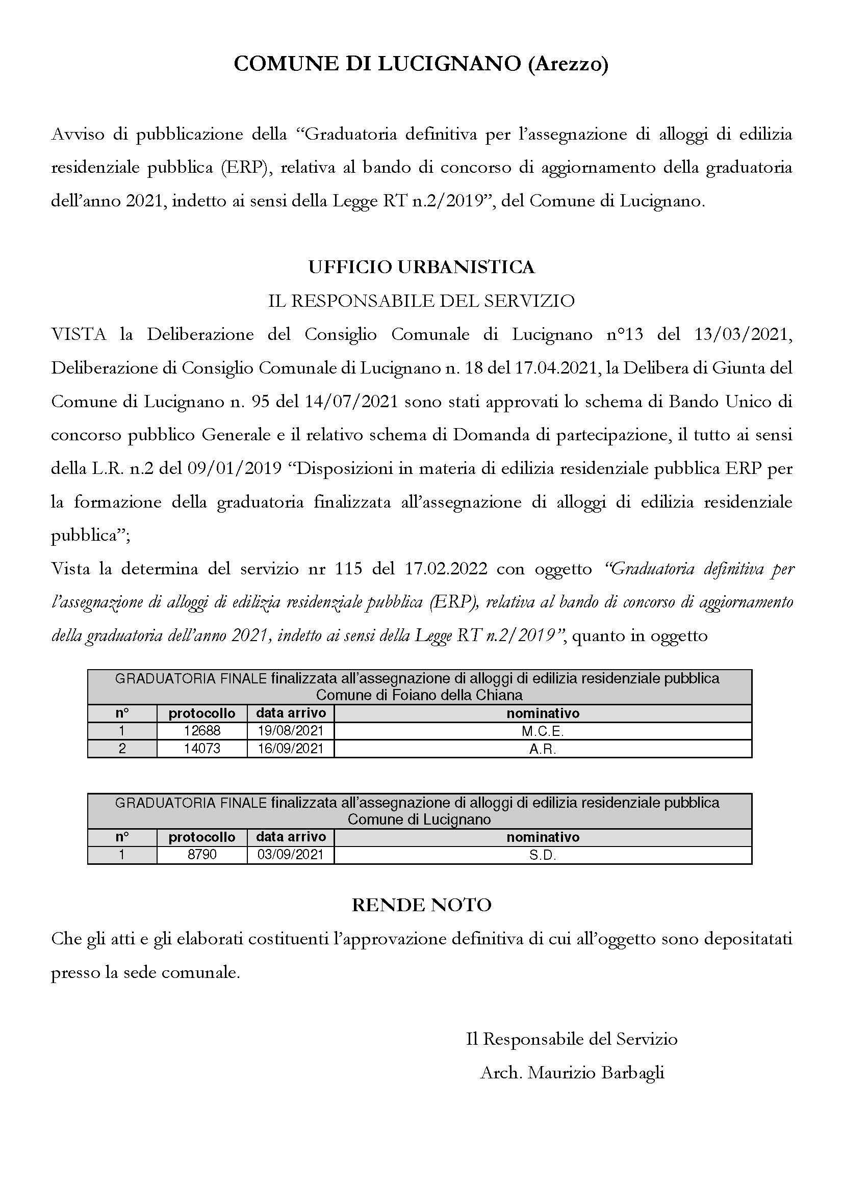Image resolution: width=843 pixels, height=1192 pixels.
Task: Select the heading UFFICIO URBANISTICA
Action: [421, 267]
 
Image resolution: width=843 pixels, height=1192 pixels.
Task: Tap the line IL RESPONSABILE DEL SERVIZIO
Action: [421, 301]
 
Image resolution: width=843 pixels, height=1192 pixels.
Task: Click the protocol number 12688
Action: [202, 731]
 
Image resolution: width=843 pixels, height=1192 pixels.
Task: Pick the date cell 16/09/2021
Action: [290, 748]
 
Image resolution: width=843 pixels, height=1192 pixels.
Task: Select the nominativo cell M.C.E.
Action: [543, 731]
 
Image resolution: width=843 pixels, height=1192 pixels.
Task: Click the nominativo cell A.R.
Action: [543, 749]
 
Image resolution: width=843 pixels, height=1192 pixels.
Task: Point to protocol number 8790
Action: [202, 855]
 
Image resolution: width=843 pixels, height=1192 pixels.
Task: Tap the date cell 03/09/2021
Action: [290, 855]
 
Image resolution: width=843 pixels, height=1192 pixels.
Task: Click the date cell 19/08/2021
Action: [290, 731]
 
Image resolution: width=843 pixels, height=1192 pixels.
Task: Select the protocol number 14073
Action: [202, 748]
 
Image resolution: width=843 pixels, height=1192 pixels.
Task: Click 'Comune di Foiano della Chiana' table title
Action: [419, 695]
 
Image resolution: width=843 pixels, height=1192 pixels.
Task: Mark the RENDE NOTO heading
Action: [421, 905]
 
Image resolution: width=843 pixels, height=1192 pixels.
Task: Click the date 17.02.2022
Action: [445, 569]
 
